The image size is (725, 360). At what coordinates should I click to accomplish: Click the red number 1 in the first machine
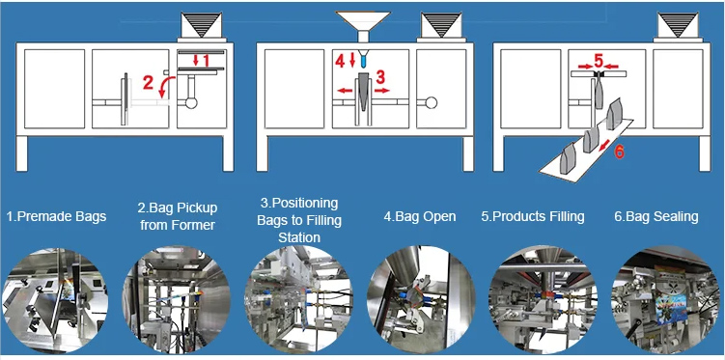(201, 61)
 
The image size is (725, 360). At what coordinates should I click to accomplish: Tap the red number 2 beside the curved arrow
(148, 83)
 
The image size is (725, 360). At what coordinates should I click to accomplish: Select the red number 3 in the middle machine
(380, 74)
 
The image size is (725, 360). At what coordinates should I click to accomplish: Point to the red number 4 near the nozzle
(339, 61)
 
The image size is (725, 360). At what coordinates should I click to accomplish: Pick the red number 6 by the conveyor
(619, 151)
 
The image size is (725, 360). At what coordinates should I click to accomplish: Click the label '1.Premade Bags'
(55, 216)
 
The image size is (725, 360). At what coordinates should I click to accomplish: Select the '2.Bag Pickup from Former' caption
(177, 216)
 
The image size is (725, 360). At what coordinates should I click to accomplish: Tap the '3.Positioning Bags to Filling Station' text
(298, 220)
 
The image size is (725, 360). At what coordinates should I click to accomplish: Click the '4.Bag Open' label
(419, 216)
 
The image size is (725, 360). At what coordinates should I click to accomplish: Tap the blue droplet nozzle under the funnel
(363, 58)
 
